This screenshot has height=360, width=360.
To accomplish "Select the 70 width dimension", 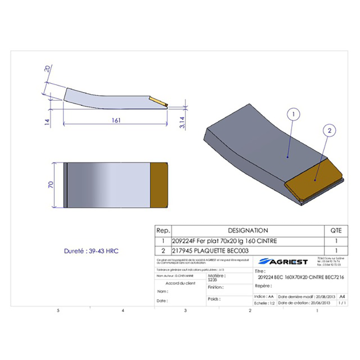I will [x=51, y=184].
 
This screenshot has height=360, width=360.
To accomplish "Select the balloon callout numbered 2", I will [x=329, y=131].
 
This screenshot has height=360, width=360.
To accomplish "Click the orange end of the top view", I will [x=158, y=185].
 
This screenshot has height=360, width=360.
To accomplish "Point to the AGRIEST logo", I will [x=283, y=261].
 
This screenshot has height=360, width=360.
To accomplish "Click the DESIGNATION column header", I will [x=247, y=230].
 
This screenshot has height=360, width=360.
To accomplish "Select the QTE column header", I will [x=336, y=230].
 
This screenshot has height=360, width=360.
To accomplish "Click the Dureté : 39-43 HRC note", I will [x=90, y=251].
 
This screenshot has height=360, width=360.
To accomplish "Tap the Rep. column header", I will [x=163, y=230].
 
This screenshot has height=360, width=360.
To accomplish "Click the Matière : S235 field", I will [x=216, y=277].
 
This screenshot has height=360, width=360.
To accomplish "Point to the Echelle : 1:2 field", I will [x=264, y=303].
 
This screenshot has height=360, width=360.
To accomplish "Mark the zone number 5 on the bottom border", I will [x=58, y=311].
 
